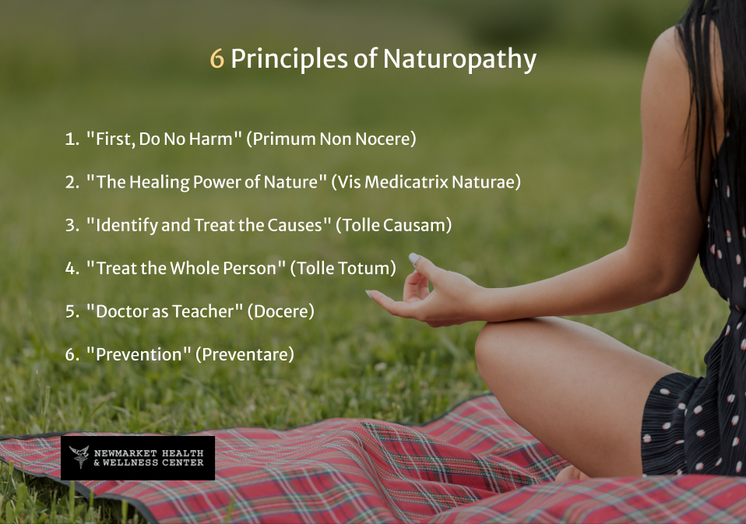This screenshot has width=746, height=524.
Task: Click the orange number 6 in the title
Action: tap(217, 59)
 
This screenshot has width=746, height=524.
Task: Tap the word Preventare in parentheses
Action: tap(245, 353)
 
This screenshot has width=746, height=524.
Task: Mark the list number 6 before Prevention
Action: tap(70, 354)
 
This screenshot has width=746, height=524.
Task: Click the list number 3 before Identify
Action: tap(70, 226)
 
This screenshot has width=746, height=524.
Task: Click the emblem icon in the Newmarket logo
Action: tap(79, 457)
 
